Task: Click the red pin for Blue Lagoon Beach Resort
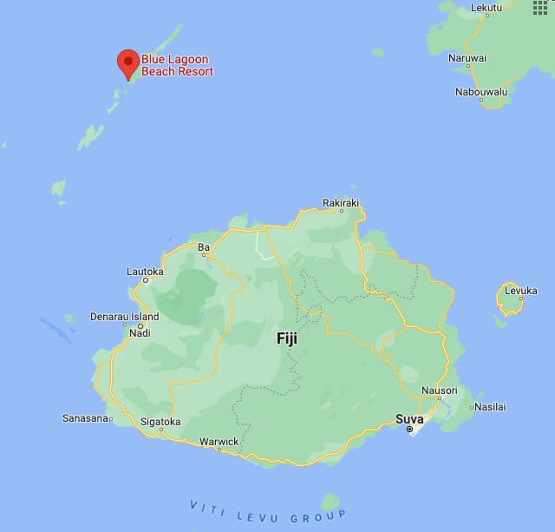point(128,62)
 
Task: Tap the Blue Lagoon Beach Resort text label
point(177,65)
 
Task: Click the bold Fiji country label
point(286,338)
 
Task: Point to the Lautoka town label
point(145,272)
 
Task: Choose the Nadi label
point(139,333)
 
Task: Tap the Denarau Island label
point(124,318)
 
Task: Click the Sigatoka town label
point(160,423)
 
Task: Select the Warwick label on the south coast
point(218,442)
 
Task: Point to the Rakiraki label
point(340,202)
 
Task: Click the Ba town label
point(204,247)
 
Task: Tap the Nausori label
point(438,391)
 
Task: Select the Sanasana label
point(86,418)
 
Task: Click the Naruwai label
point(467,58)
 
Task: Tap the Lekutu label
point(486,8)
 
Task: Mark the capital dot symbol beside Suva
point(410,429)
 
